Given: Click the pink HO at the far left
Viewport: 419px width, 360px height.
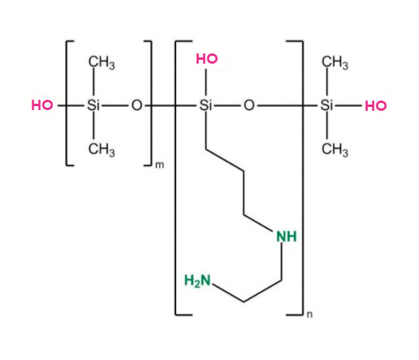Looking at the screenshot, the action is [x=42, y=105].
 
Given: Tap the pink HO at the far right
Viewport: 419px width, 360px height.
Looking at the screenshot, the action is [x=376, y=106].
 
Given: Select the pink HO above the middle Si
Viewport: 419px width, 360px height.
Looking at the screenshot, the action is [x=207, y=59].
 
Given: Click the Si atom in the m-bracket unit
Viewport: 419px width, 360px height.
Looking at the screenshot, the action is [x=94, y=105].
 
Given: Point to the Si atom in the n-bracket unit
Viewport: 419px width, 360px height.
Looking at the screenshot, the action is [x=206, y=105].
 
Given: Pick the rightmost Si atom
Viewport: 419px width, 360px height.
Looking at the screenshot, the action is [x=327, y=105].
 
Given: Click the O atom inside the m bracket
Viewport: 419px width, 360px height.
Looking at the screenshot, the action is [x=137, y=105].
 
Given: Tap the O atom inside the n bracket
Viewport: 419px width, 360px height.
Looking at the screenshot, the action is [x=249, y=105].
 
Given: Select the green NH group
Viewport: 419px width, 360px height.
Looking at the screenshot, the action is [x=286, y=237].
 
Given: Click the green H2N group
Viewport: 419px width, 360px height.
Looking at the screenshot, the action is [x=197, y=281].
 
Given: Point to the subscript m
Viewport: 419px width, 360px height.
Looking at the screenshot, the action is [x=160, y=165].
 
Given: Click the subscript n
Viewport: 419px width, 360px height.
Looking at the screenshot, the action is [x=310, y=314].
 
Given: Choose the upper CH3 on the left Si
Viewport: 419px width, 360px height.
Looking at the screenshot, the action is [x=101, y=63].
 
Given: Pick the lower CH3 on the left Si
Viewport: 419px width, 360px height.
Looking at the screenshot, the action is [x=101, y=149].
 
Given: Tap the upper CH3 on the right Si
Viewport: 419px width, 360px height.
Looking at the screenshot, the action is [x=335, y=63].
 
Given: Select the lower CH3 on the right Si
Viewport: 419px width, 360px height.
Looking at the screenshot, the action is [x=335, y=149].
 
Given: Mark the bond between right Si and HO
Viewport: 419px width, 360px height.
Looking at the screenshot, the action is [x=348, y=106].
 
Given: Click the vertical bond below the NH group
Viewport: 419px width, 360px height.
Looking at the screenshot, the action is [x=281, y=262].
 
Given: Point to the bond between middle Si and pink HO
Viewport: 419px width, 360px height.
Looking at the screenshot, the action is [x=206, y=82].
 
